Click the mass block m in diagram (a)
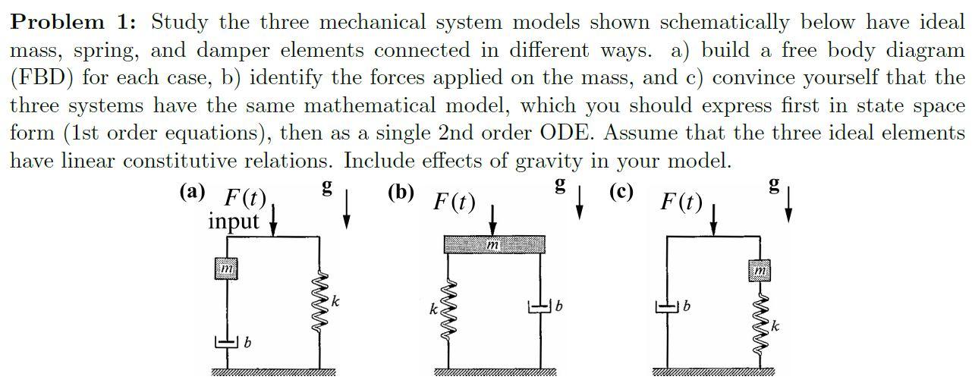click(227, 269)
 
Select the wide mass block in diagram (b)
click(492, 244)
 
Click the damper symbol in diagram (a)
click(227, 343)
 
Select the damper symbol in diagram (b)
click(539, 307)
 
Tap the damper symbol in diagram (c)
click(668, 307)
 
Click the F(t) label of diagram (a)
click(244, 199)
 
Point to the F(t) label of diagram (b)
click(454, 202)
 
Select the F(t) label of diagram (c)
click(681, 202)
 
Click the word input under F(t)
click(233, 221)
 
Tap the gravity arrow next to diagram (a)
click(346, 209)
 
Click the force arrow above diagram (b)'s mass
click(492, 220)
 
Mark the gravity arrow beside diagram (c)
click(789, 204)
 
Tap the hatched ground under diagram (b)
click(495, 372)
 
